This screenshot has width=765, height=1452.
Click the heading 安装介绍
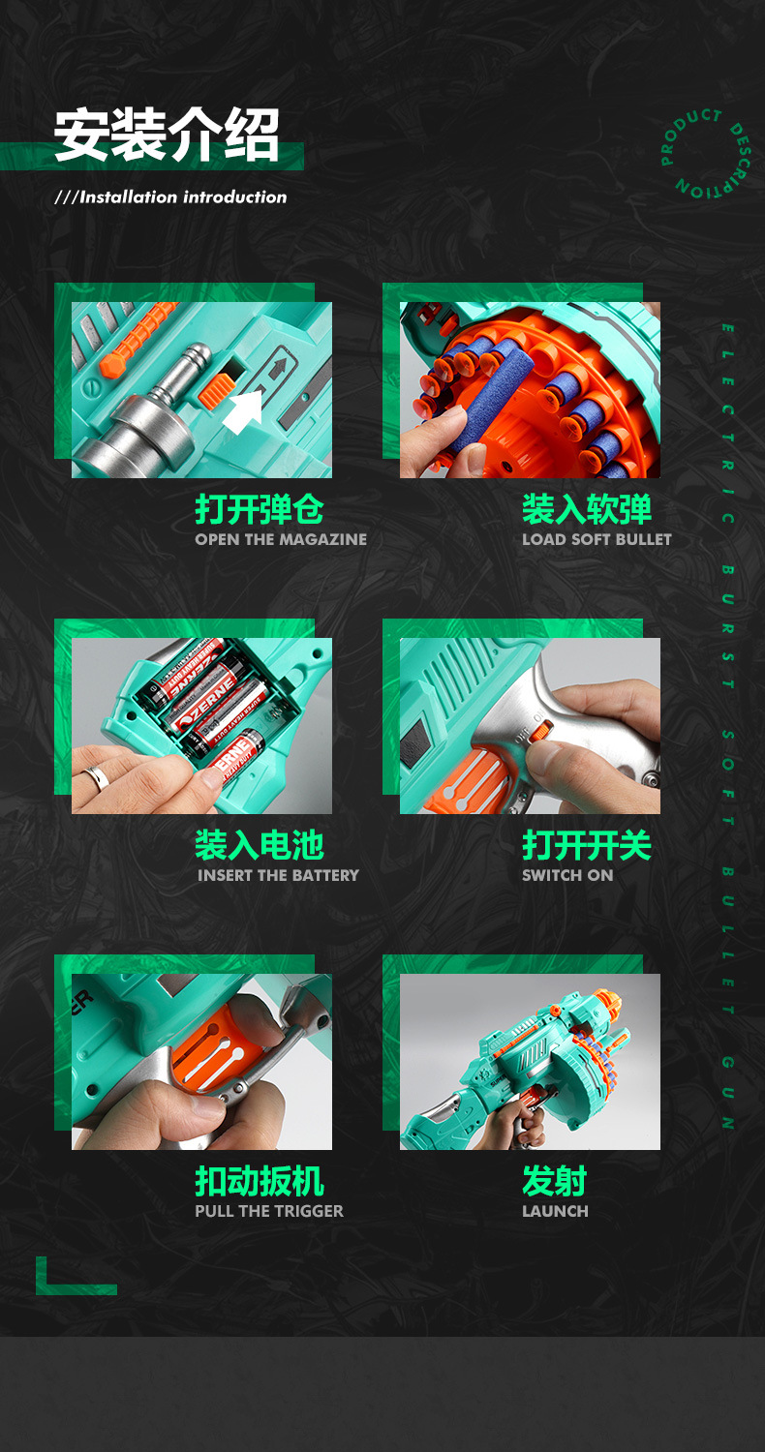(x=167, y=135)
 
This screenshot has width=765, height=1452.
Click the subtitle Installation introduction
(x=171, y=197)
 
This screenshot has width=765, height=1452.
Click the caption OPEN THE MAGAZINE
(x=281, y=540)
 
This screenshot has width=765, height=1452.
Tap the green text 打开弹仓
(x=259, y=509)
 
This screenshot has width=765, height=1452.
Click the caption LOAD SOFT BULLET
(x=597, y=540)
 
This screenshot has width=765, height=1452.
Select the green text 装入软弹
(x=587, y=509)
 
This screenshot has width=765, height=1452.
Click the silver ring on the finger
(x=98, y=778)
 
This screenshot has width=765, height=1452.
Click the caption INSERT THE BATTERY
(x=278, y=876)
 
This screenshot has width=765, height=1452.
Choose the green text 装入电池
(x=259, y=845)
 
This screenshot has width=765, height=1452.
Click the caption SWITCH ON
(x=567, y=876)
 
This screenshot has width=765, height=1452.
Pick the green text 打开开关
(x=587, y=845)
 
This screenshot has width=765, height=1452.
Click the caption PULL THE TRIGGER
(x=269, y=1212)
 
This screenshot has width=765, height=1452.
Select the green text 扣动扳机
(x=259, y=1181)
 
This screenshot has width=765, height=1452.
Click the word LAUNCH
(x=555, y=1212)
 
